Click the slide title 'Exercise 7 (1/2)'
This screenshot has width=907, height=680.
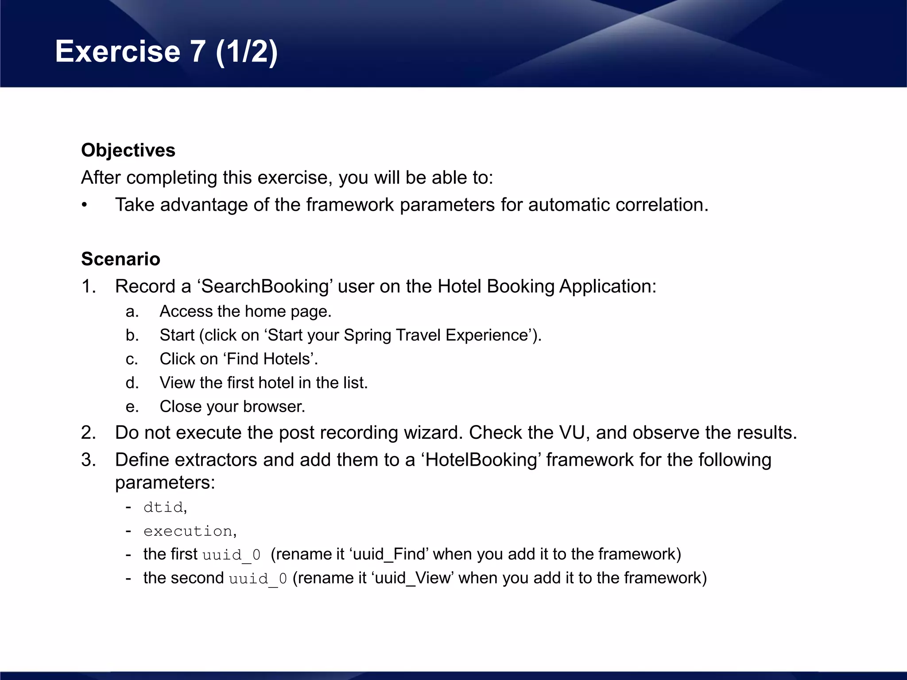pyautogui.click(x=167, y=51)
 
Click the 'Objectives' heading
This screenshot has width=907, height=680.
pyautogui.click(x=128, y=151)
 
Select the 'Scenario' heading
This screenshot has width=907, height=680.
pyautogui.click(x=120, y=259)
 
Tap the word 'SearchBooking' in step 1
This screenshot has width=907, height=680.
pyautogui.click(x=265, y=286)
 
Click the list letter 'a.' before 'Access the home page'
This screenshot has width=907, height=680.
pyautogui.click(x=132, y=312)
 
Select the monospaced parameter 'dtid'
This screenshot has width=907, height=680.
pyautogui.click(x=163, y=507)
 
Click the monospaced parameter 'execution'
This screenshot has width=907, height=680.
pyautogui.click(x=188, y=531)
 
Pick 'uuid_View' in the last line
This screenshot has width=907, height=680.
pyautogui.click(x=414, y=579)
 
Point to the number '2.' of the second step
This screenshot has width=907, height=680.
pyautogui.click(x=89, y=433)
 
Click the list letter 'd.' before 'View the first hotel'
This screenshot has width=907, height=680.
pyautogui.click(x=132, y=383)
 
